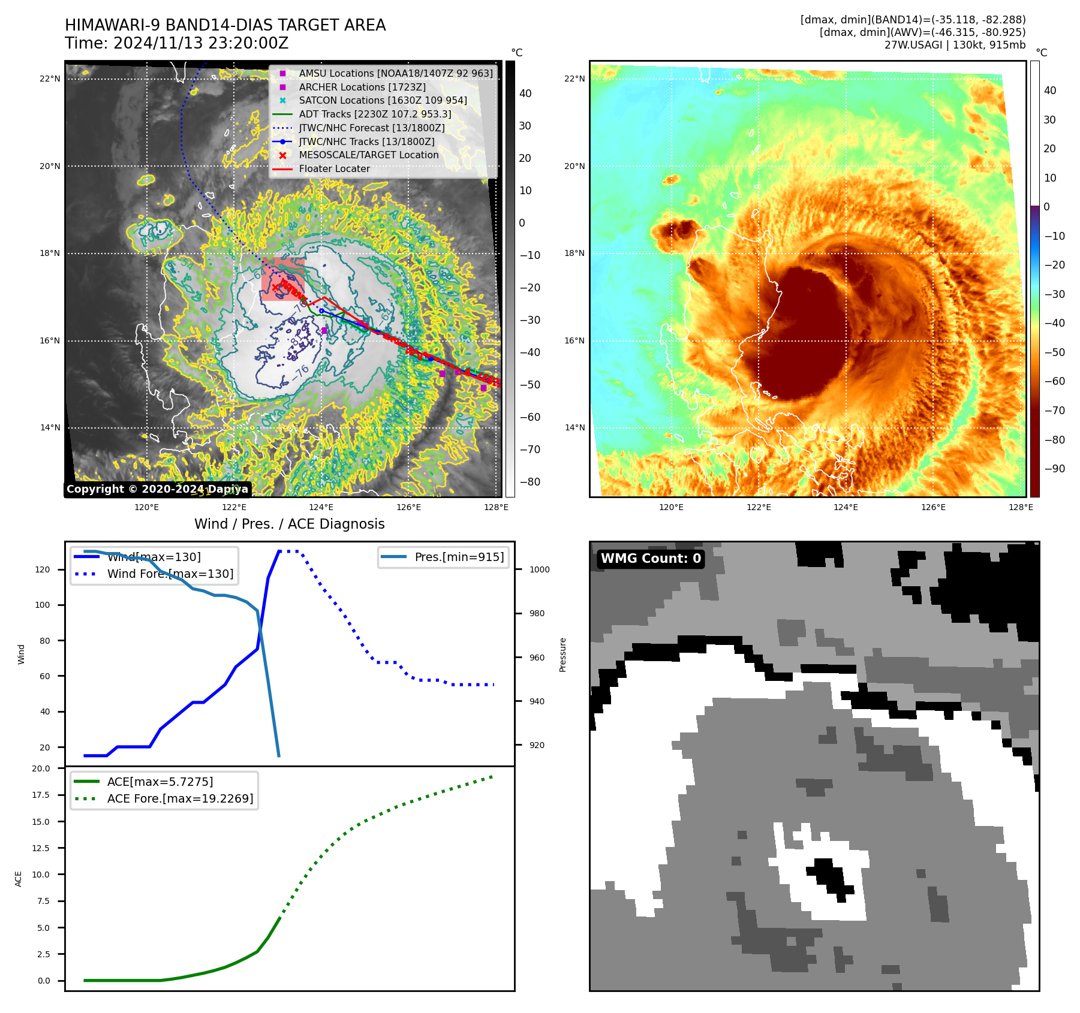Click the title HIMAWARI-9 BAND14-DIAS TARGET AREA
(225, 25)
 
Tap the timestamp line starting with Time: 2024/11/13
(176, 44)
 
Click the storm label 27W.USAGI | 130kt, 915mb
(955, 45)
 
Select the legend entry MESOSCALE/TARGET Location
(368, 155)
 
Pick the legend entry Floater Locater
(334, 169)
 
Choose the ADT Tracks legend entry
(375, 114)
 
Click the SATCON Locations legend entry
(383, 101)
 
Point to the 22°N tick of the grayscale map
(50, 79)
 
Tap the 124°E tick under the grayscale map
(321, 508)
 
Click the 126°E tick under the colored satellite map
(933, 508)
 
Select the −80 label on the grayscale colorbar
(530, 482)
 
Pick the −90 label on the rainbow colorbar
(1054, 469)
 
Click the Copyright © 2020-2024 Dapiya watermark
(157, 489)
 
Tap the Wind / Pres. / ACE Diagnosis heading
(290, 524)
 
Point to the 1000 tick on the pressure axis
(539, 570)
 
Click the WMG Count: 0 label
(651, 559)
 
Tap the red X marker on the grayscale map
(275, 288)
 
